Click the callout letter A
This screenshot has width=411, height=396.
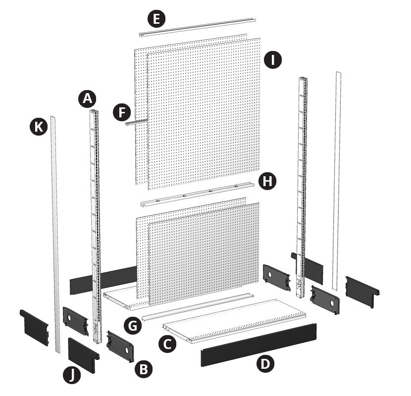[x=87, y=99]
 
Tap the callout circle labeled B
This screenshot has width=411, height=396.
[x=144, y=369]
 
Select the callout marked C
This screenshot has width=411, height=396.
[x=167, y=344]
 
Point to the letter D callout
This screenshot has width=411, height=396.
[x=265, y=363]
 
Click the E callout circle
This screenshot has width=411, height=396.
[x=156, y=19]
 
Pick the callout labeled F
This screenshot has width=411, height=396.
[x=122, y=112]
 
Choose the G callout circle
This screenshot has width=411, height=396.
[x=133, y=326]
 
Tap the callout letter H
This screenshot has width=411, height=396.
[x=267, y=181]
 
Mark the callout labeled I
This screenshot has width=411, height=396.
[x=273, y=60]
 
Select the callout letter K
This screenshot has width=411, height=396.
[x=39, y=127]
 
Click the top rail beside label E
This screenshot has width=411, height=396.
[x=198, y=27]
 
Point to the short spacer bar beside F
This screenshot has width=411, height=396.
[x=137, y=122]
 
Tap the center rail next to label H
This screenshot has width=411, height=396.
[x=198, y=195]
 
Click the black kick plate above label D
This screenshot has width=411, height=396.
[x=258, y=345]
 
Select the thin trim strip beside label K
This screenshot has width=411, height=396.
[x=55, y=235]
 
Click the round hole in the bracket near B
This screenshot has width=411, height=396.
[x=127, y=350]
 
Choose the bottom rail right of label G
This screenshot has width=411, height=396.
[x=198, y=307]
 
